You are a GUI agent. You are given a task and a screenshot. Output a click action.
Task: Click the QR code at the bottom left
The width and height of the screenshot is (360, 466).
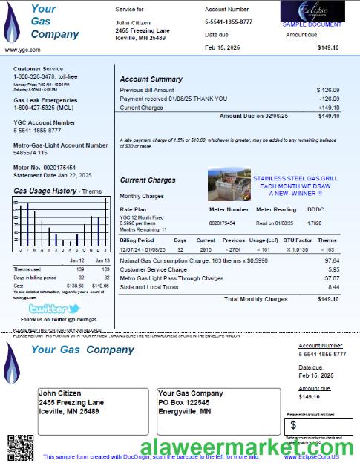[x=16, y=447]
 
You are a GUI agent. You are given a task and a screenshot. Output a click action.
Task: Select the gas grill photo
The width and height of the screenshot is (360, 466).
[x=229, y=184]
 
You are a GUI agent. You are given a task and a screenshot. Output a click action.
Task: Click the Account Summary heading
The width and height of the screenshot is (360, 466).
[x=151, y=79]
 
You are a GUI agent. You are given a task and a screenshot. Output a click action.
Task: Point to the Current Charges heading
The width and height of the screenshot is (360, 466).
[x=148, y=180]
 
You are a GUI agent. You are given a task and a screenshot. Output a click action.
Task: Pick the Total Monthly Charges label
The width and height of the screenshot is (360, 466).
[x=255, y=299]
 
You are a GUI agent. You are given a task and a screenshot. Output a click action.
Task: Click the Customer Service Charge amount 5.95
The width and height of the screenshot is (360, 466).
[x=333, y=269]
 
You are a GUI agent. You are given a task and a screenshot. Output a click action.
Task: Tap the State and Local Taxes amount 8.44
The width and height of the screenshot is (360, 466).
[x=333, y=287]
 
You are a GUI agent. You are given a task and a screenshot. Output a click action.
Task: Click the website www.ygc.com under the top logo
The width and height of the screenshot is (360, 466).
[x=22, y=50]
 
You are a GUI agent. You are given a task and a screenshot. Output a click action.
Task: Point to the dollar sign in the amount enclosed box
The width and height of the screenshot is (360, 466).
[x=293, y=425]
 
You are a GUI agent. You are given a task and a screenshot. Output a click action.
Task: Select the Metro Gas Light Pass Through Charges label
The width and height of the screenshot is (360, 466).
[x=171, y=278]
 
